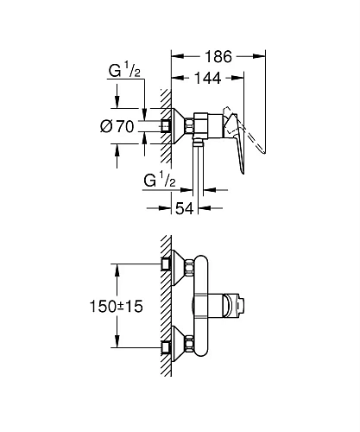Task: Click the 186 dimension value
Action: click(221, 58)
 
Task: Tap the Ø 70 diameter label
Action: click(118, 127)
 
